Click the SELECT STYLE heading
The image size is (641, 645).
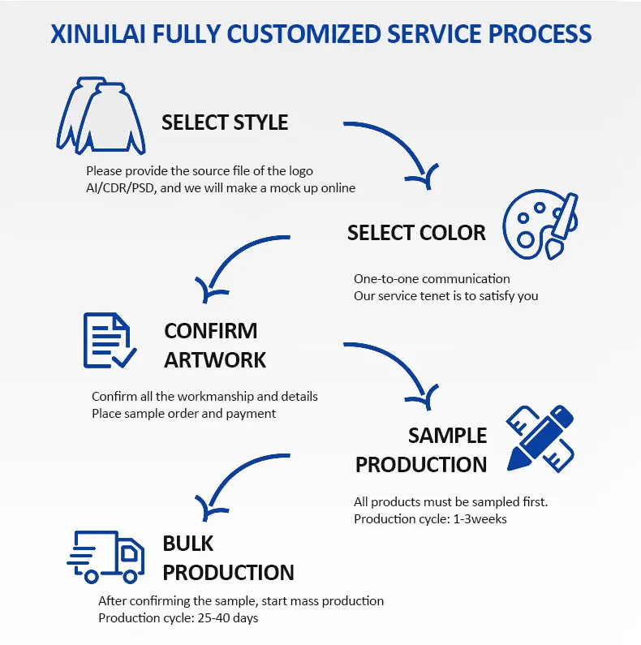point(225,123)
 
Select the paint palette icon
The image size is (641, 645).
point(539,222)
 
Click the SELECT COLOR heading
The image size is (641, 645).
point(416,233)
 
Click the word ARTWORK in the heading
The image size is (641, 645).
point(215,359)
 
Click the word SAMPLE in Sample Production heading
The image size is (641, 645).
point(447,436)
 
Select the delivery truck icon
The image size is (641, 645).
point(105,556)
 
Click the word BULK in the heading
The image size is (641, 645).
point(187,543)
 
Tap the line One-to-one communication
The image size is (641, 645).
point(432,278)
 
